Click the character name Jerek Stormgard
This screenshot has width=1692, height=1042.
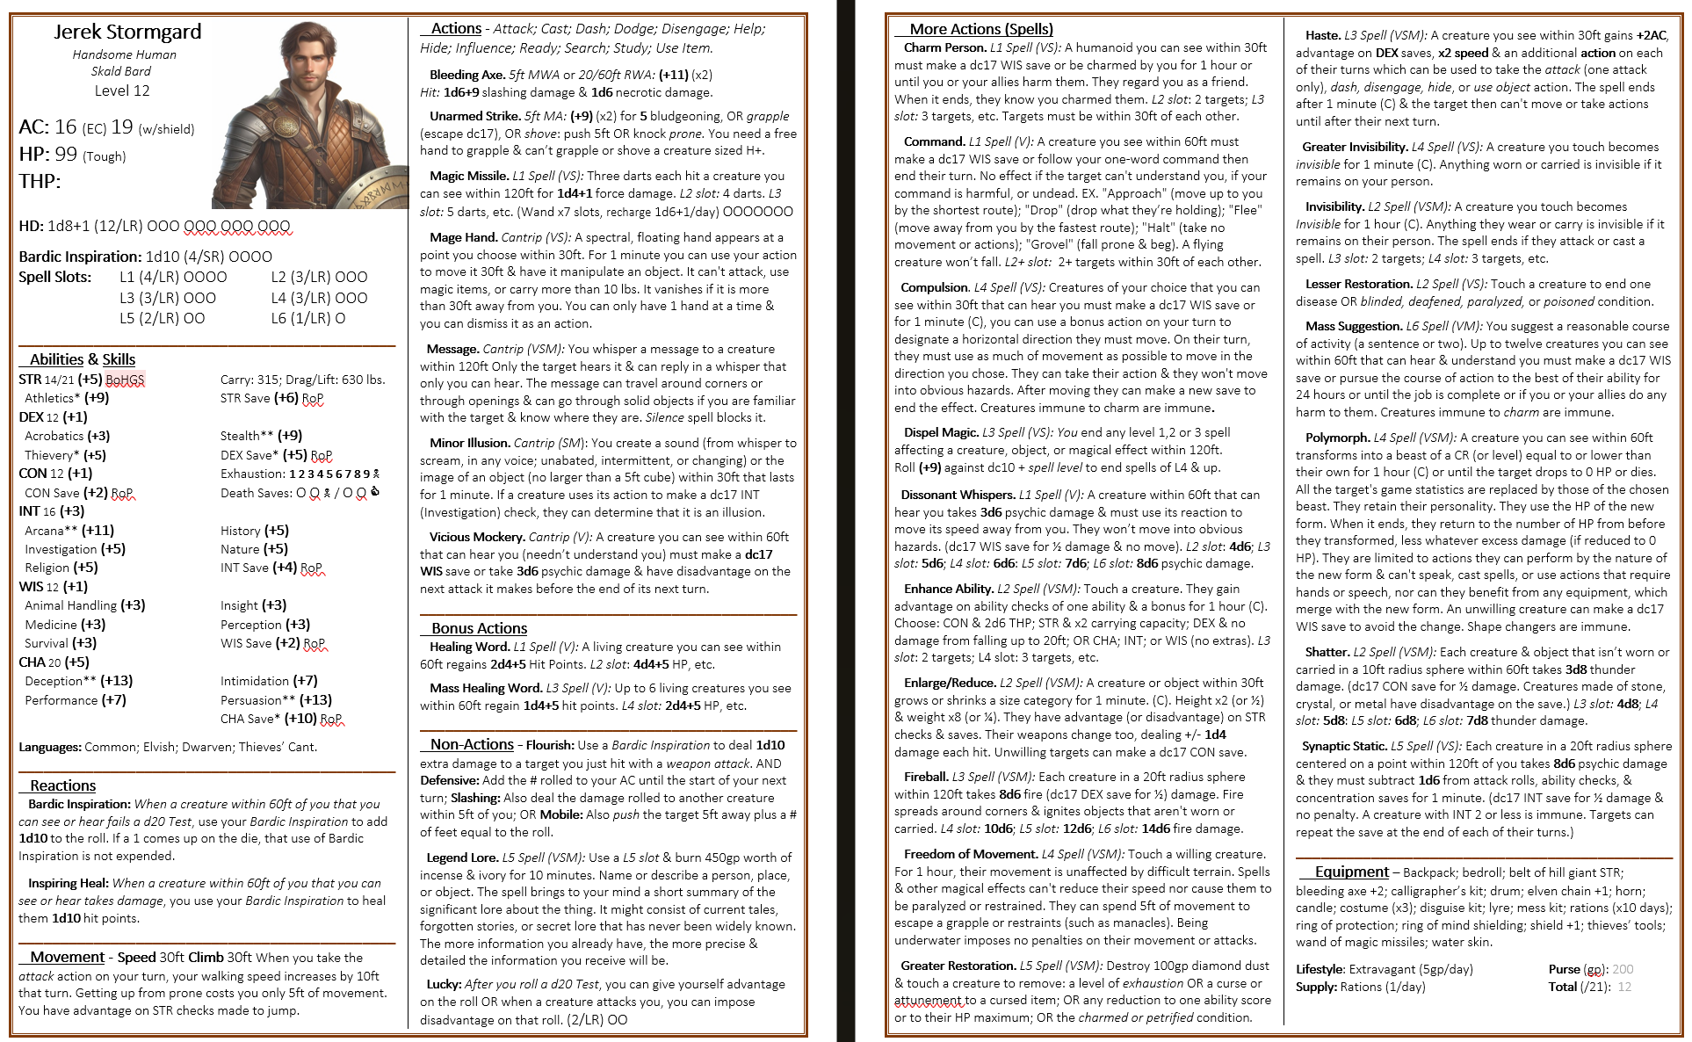(127, 33)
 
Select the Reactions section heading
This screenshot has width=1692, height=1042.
(62, 785)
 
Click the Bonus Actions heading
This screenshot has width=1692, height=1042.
(479, 628)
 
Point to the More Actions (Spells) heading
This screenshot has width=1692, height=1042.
(980, 29)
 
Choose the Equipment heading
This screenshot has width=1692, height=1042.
(1351, 872)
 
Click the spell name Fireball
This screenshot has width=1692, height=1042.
(925, 777)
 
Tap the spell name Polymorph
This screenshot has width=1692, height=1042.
(1337, 438)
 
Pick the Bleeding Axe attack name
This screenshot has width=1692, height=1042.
(466, 75)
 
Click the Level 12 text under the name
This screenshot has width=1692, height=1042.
(122, 90)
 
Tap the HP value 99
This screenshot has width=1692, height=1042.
(66, 154)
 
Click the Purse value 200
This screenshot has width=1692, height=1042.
(1623, 969)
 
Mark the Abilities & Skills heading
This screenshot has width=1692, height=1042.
(83, 359)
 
